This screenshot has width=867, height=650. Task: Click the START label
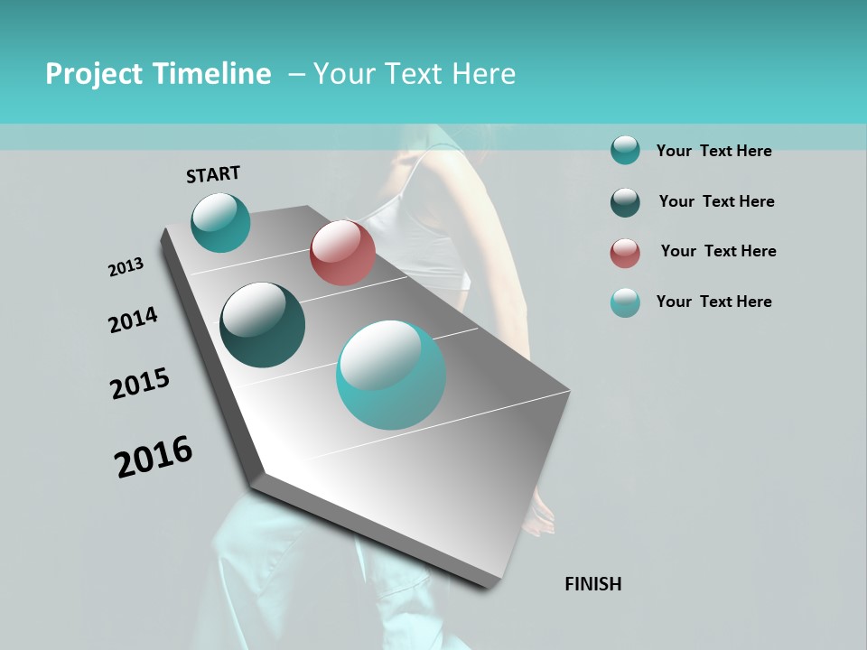click(213, 174)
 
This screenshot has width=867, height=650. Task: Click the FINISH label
click(592, 584)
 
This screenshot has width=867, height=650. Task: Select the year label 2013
click(126, 267)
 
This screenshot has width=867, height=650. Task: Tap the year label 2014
click(133, 320)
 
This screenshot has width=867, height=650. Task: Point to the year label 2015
click(140, 385)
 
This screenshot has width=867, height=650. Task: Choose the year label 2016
click(154, 457)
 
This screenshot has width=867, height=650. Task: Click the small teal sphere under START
click(220, 222)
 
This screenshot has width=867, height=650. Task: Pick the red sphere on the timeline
click(342, 253)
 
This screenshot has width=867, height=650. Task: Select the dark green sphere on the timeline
click(262, 325)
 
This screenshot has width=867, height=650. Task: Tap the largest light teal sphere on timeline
click(391, 375)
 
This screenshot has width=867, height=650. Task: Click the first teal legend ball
click(625, 151)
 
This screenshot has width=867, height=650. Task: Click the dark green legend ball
click(625, 202)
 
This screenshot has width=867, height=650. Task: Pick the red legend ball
click(625, 253)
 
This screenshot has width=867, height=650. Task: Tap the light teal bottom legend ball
click(625, 303)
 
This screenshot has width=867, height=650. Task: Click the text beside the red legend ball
click(718, 251)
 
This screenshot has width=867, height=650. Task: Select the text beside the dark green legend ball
click(716, 201)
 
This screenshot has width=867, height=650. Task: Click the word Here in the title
click(483, 74)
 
